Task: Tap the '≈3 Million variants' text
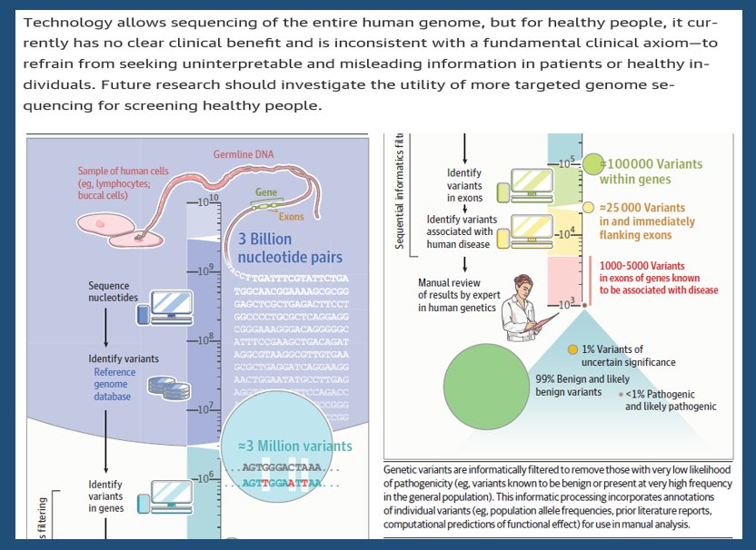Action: click(x=295, y=446)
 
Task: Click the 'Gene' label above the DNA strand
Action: click(x=266, y=192)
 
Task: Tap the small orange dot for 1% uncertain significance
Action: click(x=572, y=349)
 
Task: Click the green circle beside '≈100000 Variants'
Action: click(x=592, y=164)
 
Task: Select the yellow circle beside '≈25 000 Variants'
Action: click(x=588, y=208)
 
